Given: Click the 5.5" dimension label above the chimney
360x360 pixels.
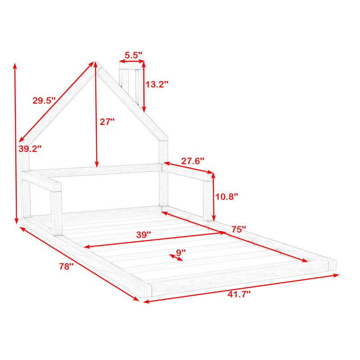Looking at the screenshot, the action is pyautogui.click(x=133, y=55).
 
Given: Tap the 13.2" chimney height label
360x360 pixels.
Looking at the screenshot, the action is pyautogui.click(x=157, y=84).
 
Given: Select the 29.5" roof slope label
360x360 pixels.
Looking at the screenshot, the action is pyautogui.click(x=44, y=100).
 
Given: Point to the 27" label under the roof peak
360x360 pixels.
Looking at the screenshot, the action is pyautogui.click(x=107, y=121).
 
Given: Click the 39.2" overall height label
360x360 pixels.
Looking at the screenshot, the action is pyautogui.click(x=30, y=149).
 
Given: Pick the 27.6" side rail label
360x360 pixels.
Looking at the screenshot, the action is pyautogui.click(x=193, y=161).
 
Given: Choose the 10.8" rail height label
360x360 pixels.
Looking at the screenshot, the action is pyautogui.click(x=226, y=197).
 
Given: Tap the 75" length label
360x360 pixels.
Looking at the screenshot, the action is pyautogui.click(x=238, y=229).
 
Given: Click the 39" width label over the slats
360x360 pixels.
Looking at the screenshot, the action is pyautogui.click(x=144, y=234).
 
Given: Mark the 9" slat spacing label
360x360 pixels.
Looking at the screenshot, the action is pyautogui.click(x=181, y=252).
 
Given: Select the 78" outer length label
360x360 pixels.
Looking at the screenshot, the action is pyautogui.click(x=66, y=266).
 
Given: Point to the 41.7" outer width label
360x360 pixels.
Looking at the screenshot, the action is pyautogui.click(x=239, y=294).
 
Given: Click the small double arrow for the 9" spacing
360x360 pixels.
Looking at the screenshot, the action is pyautogui.click(x=176, y=257).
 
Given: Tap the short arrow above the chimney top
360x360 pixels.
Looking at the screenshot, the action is pyautogui.click(x=132, y=61).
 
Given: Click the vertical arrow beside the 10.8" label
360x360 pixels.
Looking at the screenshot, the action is pyautogui.click(x=213, y=197).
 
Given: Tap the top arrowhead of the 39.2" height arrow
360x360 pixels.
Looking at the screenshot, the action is pyautogui.click(x=15, y=66).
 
